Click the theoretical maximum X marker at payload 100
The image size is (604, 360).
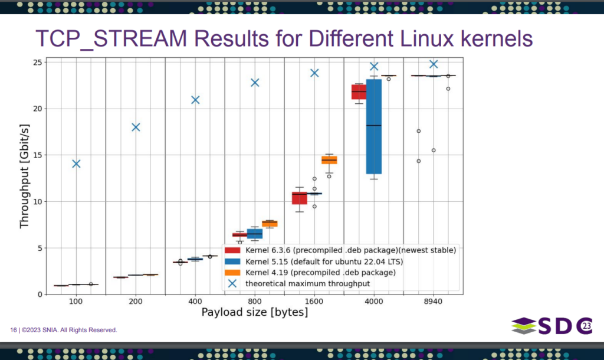pos(76,163)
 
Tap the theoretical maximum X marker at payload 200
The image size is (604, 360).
pos(136,127)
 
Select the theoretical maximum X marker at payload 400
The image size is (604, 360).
pos(195,100)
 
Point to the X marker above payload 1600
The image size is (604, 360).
pos(314,73)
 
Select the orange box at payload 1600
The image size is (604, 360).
pos(329,160)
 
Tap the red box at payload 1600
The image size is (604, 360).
pos(300,198)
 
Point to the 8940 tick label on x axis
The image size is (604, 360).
pos(433,301)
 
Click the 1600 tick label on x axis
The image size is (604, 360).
pos(314,301)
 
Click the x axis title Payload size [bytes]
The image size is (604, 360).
pos(255,312)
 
